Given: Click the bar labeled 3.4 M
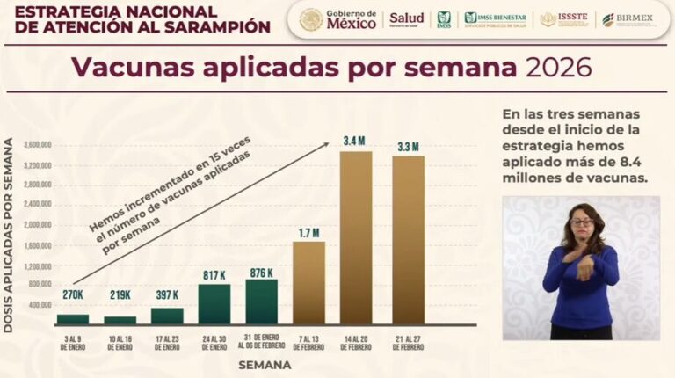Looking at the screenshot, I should coord(356,237).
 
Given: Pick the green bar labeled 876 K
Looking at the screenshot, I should coord(261,302).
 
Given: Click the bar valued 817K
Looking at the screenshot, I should coord(214,303).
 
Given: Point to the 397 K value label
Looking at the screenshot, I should coord(167,294).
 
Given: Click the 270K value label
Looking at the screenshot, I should coord(72,294).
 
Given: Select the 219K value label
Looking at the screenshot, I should coord(120,294).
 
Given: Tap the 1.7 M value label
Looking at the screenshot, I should coord(308,233).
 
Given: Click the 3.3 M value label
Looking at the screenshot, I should coord(408,146).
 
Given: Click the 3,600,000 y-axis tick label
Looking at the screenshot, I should coord(36,145).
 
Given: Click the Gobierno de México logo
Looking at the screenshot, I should coord(338,18).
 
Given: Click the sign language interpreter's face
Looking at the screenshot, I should coord(582,222).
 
